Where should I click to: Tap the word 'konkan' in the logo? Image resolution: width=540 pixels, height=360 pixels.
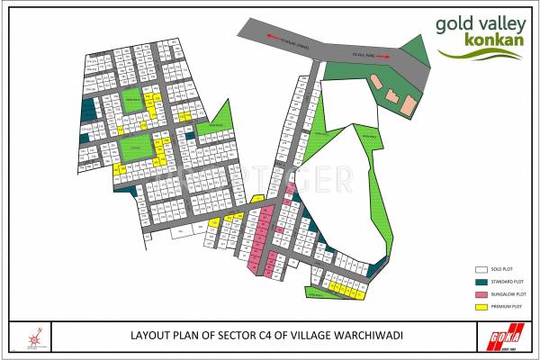click(490, 42)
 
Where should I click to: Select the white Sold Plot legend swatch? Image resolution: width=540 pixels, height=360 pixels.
click(481, 269)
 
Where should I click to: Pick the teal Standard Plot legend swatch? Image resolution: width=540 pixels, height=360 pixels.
click(481, 282)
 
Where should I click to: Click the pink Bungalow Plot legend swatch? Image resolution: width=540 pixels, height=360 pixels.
click(481, 294)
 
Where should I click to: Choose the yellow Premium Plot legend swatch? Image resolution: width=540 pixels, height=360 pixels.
click(481, 307)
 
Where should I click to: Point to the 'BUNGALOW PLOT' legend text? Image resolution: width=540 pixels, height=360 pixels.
click(508, 294)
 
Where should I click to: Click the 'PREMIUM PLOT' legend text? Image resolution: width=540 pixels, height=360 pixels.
click(508, 307)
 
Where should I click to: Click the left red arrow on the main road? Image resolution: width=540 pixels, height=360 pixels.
click(266, 37)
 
